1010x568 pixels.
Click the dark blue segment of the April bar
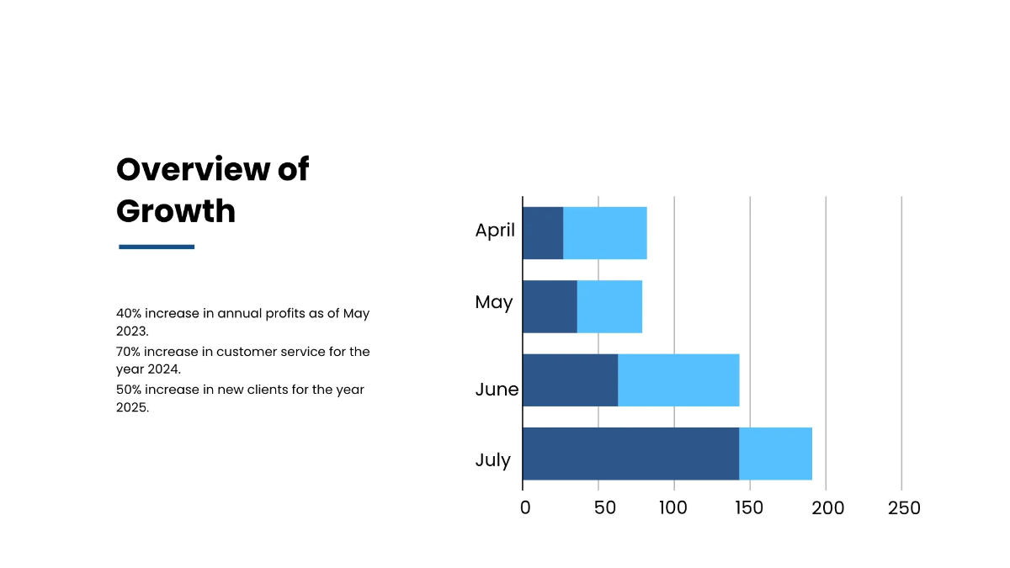point(543,232)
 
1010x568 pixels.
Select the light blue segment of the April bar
point(605,232)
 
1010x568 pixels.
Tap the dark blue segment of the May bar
point(550,306)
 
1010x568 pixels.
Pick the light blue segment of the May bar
point(609,306)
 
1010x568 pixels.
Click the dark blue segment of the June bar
point(571,380)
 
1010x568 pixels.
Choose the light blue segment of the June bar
point(678,380)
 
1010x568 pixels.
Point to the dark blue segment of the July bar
point(630,454)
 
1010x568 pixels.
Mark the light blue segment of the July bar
point(775,454)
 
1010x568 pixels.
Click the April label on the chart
point(495,230)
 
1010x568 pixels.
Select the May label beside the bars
point(493,302)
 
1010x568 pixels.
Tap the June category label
point(497,390)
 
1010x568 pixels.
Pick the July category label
point(492,460)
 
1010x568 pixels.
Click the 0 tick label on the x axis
point(525,508)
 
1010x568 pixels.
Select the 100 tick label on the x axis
point(673,508)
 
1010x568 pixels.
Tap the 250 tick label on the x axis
point(904,508)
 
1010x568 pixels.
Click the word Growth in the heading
point(176,210)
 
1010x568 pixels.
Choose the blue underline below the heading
point(157,247)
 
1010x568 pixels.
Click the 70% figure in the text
point(129,352)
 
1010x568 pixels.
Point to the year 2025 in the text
point(132,408)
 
